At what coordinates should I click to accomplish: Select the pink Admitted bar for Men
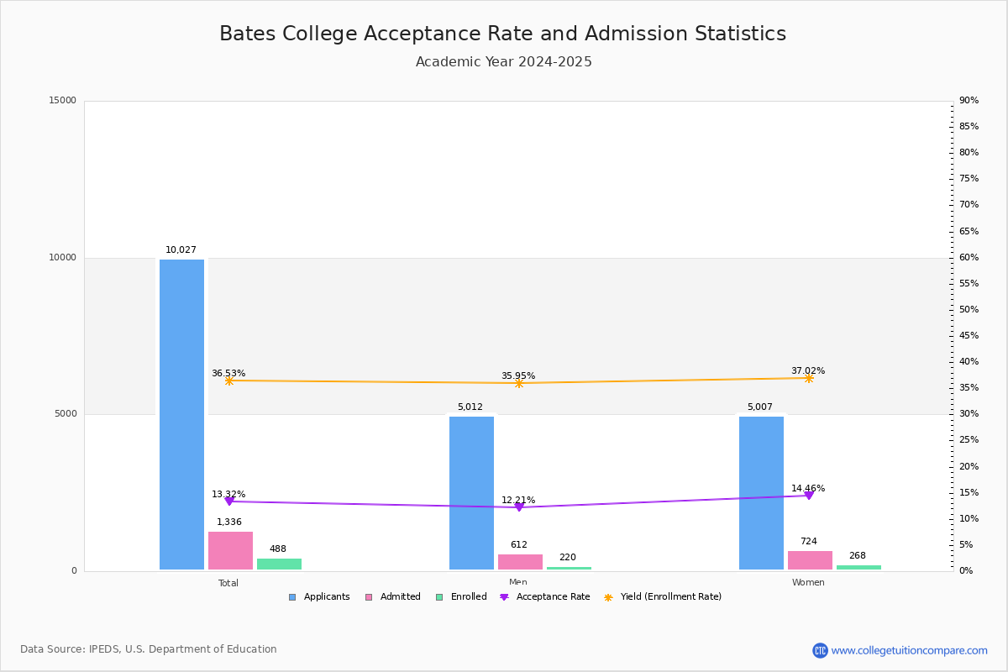[520, 562]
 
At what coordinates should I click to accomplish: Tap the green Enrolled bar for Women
[858, 568]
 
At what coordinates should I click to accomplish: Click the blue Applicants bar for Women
[761, 493]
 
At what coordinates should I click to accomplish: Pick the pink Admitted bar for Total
[230, 550]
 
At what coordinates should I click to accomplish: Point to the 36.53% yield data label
[228, 373]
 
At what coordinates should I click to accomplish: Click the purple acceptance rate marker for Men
[519, 507]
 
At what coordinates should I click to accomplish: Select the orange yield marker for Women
[808, 379]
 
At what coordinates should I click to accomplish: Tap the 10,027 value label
[181, 249]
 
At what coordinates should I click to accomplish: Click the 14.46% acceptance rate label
[808, 488]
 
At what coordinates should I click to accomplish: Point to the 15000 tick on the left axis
[63, 101]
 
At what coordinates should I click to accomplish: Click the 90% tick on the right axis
[969, 101]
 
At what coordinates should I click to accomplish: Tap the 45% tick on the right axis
[969, 336]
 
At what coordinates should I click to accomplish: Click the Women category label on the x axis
[808, 583]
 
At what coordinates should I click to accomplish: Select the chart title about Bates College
[502, 34]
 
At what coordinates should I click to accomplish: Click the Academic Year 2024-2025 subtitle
[503, 62]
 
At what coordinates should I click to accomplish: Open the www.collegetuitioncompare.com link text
[909, 650]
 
